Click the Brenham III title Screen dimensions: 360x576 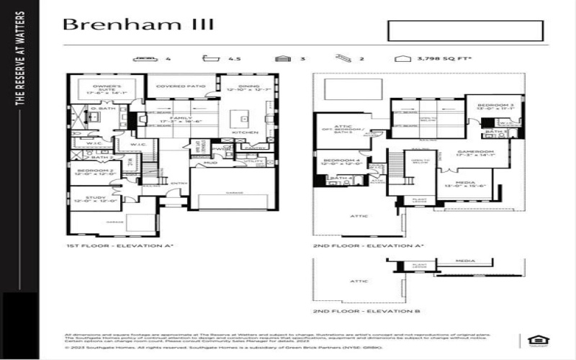click(x=138, y=24)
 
